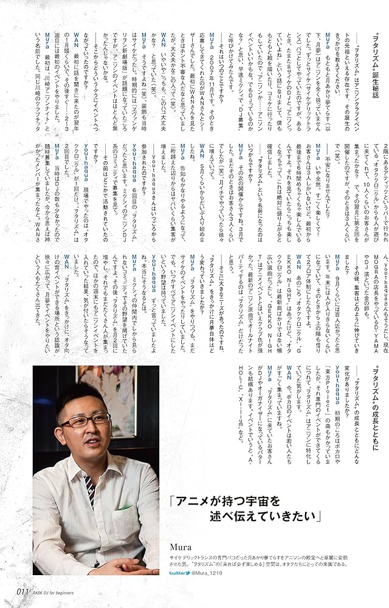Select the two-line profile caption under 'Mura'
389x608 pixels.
267,559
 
